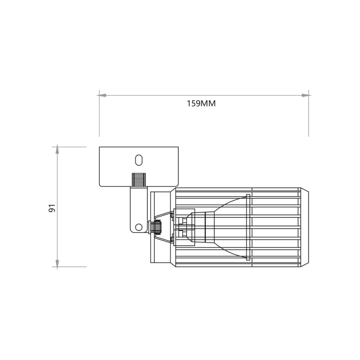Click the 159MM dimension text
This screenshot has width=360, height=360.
coord(201,104)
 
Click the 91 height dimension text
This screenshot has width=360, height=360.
coord(52,208)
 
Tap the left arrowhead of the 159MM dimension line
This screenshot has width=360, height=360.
coord(102,95)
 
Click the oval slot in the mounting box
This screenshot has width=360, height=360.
coord(139,160)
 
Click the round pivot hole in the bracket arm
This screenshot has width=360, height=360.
coord(139,227)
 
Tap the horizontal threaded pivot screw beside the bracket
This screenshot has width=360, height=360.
coord(156,227)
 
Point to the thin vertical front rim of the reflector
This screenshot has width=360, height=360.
coord(248,227)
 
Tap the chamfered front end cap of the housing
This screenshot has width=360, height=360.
coord(304,227)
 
